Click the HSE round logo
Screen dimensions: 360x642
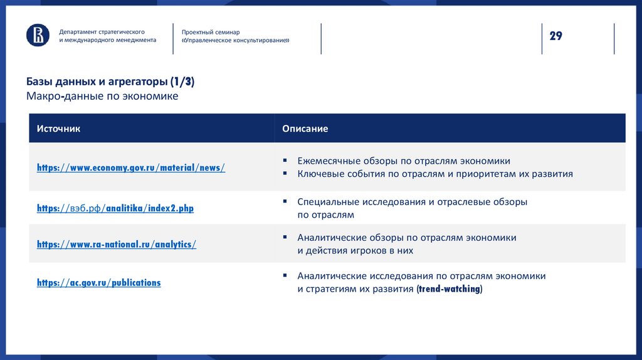38,35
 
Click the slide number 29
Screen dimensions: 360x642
555,36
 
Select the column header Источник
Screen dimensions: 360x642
58,129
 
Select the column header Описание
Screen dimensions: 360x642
305,129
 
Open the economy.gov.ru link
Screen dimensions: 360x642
130,167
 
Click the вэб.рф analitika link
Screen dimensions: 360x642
115,208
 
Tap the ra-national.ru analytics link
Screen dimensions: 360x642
116,245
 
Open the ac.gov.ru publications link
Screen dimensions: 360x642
98,283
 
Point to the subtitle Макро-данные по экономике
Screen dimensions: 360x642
102,96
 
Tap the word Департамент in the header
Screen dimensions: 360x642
78,31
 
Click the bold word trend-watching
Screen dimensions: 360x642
449,289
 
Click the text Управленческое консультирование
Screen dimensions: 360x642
236,40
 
